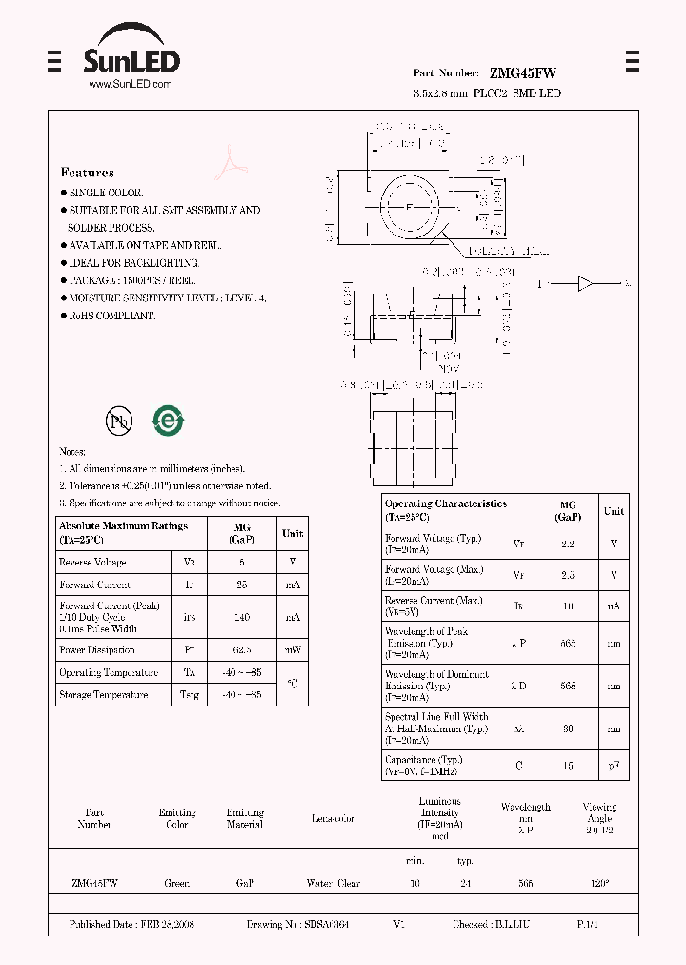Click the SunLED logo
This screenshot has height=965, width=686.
[x=131, y=55]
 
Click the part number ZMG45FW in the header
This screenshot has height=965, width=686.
[x=523, y=72]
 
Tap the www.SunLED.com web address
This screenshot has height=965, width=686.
[x=130, y=84]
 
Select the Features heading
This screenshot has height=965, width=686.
[x=87, y=173]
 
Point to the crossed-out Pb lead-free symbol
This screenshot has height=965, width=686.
[x=118, y=421]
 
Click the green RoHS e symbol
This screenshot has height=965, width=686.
[x=168, y=421]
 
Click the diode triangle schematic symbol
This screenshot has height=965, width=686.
[x=585, y=283]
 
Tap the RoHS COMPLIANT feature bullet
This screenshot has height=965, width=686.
[x=111, y=316]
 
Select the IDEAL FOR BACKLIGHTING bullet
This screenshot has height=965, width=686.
[x=132, y=262]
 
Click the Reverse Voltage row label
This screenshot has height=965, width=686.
[x=92, y=563]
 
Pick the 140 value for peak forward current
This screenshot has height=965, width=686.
[x=242, y=617]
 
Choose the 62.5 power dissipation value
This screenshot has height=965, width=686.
[x=242, y=650]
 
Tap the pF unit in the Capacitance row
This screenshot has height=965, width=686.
[x=614, y=766]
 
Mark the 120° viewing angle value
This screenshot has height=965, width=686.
[x=599, y=884]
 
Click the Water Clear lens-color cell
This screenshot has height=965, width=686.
[x=333, y=884]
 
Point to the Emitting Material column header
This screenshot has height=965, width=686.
[x=245, y=818]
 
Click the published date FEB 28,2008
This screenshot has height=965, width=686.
[x=131, y=925]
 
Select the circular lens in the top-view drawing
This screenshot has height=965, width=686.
[x=410, y=207]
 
